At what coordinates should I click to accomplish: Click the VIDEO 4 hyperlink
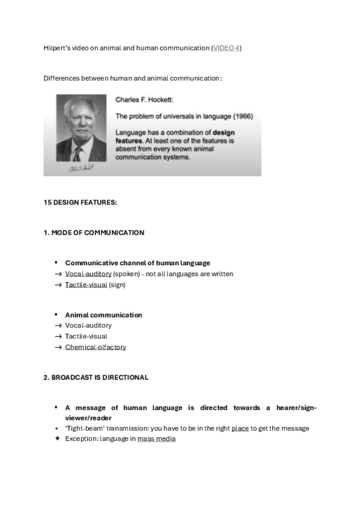227,48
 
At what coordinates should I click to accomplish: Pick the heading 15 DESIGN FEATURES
80,202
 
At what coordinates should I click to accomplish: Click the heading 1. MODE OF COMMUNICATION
94,232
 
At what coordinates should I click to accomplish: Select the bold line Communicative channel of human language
138,263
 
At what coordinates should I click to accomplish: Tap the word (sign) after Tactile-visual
118,284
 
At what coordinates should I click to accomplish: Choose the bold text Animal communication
103,315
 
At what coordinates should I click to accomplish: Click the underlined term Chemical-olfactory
96,347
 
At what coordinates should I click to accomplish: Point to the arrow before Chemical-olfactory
58,347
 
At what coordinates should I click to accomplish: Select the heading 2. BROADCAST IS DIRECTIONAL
96,377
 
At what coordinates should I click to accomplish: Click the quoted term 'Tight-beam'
82,428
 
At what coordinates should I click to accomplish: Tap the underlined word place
240,428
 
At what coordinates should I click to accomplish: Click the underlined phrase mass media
156,439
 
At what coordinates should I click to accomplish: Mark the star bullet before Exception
56,439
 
